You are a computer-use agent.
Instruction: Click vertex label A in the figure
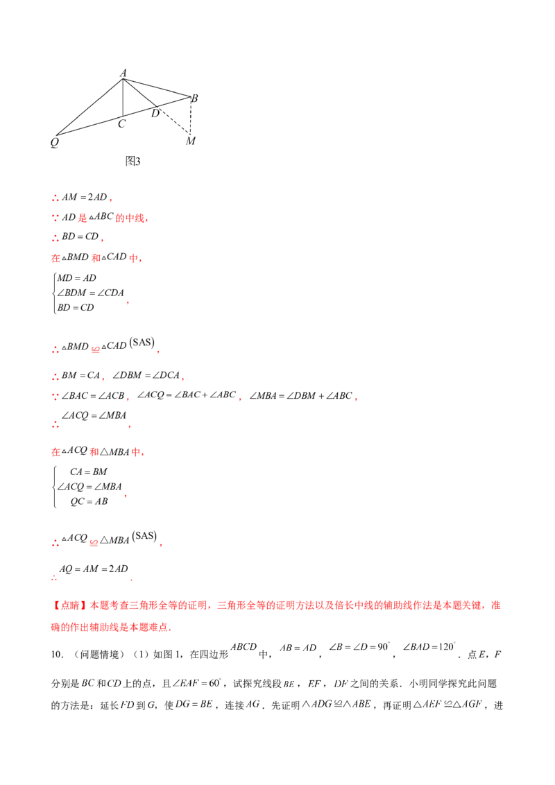(123, 73)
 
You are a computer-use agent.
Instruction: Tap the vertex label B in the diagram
(194, 98)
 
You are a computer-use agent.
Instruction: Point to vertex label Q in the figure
(55, 142)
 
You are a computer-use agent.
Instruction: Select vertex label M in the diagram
(190, 141)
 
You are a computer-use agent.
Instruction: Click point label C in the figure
(121, 123)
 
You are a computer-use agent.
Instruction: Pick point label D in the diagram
(155, 114)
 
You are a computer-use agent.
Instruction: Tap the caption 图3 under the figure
(133, 161)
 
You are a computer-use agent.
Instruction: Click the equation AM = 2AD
(84, 197)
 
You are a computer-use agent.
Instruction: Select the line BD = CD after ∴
(80, 236)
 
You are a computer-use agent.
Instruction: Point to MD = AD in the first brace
(76, 278)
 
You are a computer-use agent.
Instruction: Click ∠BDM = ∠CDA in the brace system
(90, 293)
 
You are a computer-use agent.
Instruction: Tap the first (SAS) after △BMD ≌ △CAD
(142, 343)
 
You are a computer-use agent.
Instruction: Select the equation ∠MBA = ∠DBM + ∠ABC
(301, 395)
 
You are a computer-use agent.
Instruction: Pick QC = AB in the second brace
(89, 501)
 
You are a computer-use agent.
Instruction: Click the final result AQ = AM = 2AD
(94, 569)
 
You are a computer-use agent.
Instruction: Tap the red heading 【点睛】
(69, 605)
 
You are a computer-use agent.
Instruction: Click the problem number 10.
(57, 655)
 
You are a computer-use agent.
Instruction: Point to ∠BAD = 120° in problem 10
(429, 647)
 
